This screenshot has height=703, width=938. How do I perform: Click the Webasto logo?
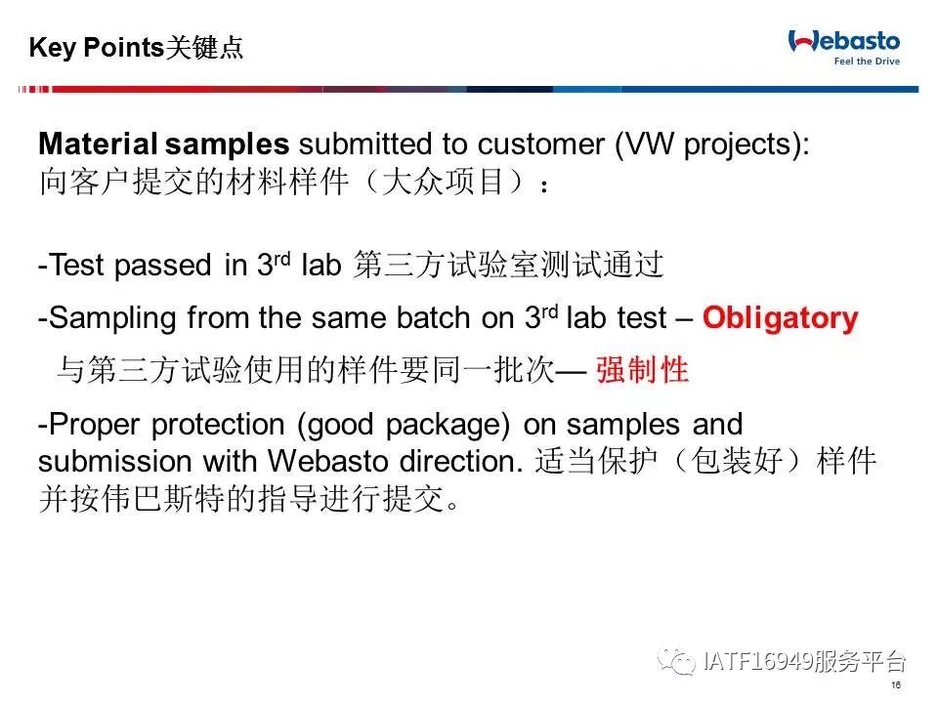point(844,42)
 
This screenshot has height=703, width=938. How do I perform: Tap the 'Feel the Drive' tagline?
point(867,61)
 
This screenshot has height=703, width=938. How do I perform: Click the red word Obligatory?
point(780,318)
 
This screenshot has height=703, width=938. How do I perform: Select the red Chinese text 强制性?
point(643,369)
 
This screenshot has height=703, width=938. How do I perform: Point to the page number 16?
point(896,685)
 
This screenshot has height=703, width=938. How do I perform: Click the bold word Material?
point(98,145)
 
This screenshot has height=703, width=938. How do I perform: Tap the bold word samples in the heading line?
point(227,145)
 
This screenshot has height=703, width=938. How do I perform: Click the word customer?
point(540,145)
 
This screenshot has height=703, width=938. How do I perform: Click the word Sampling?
point(111,318)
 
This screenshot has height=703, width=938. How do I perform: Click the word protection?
point(218,426)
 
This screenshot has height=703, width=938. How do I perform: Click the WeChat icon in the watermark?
point(676,661)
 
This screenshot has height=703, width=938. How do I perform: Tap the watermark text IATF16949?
point(758,662)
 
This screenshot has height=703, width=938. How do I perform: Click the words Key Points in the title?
point(96,48)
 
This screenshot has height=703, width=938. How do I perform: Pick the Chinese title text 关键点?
point(204,47)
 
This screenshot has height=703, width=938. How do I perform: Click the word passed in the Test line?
point(163,266)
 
